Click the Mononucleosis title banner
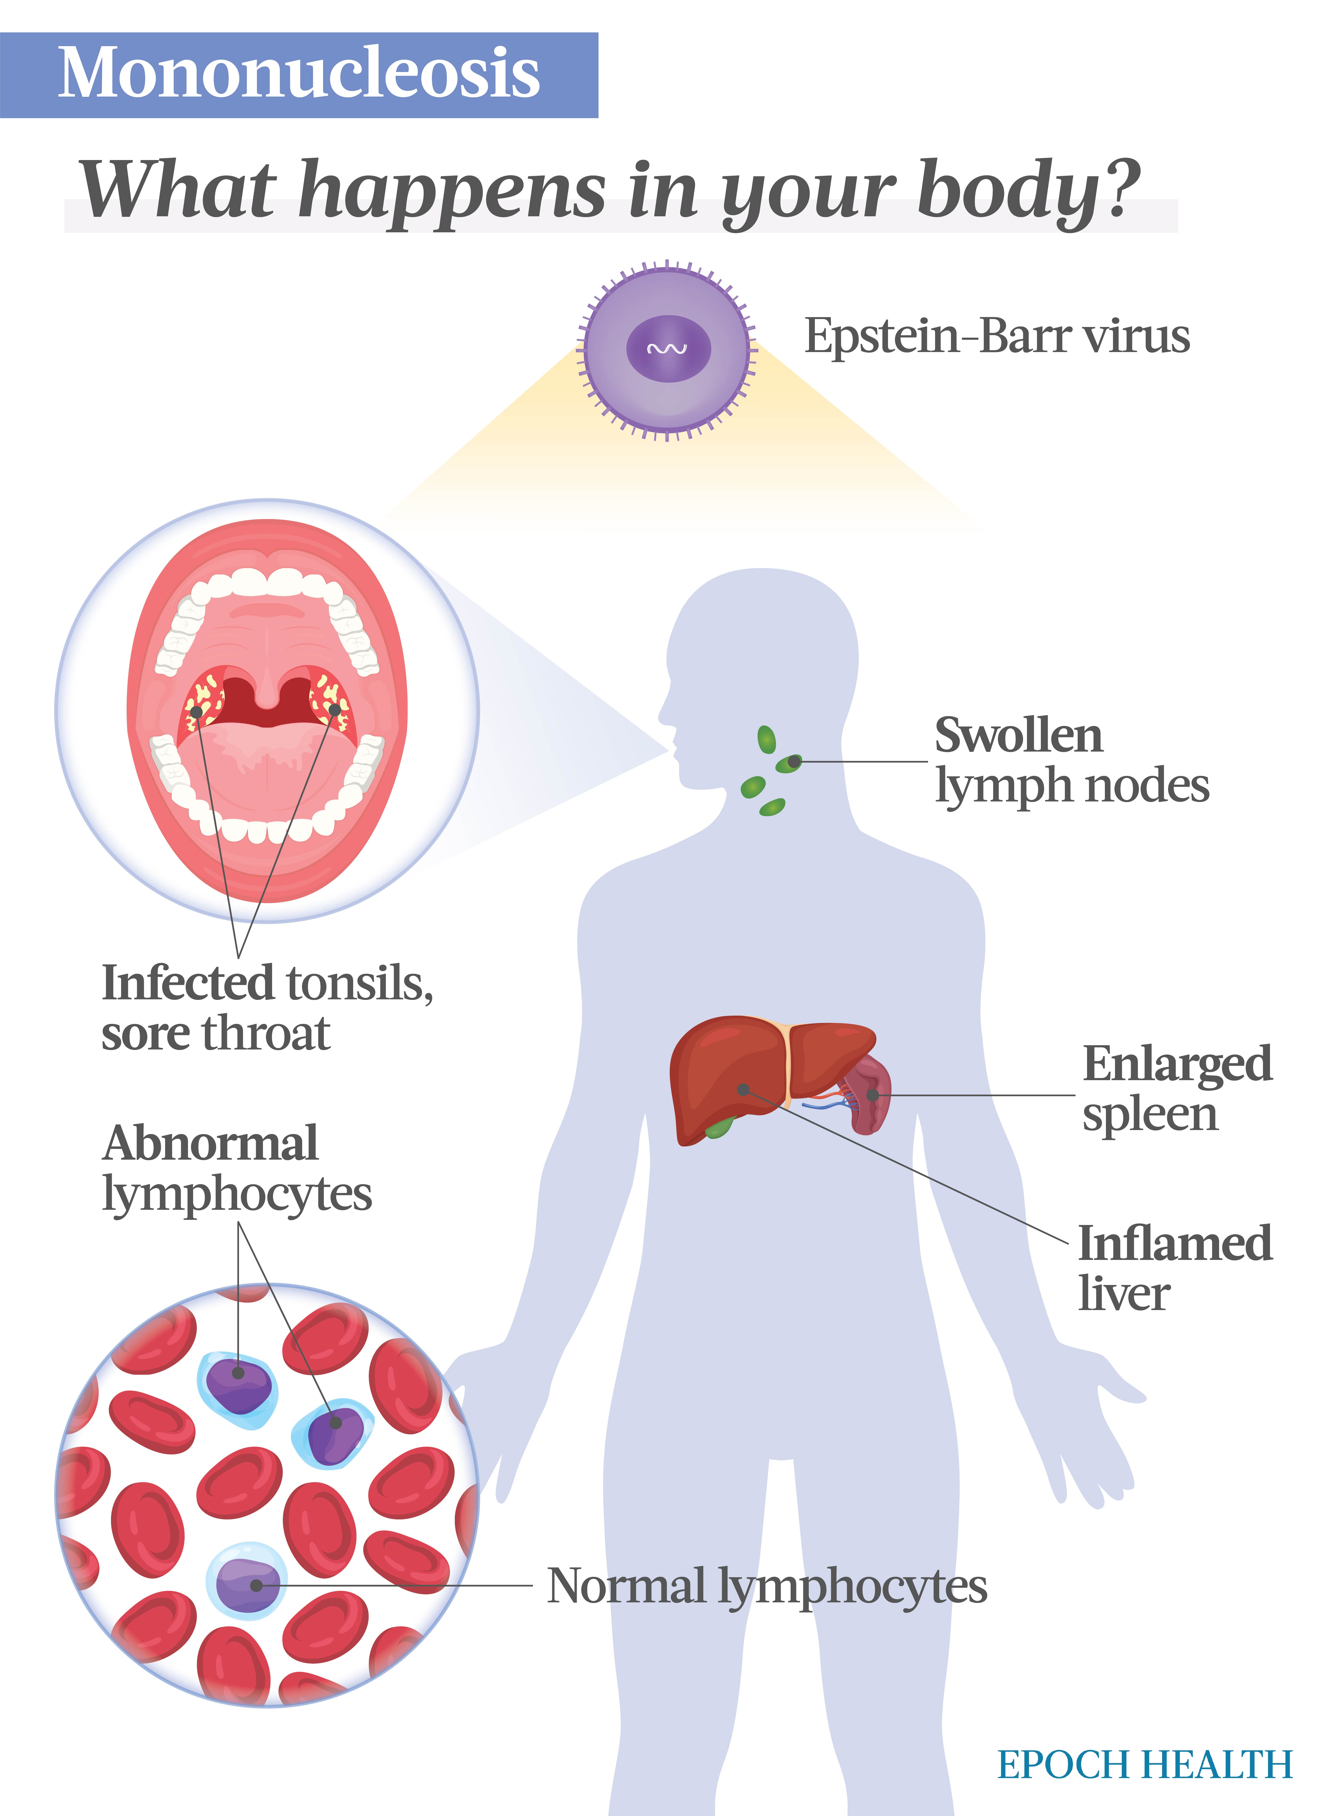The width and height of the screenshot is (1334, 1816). [299, 75]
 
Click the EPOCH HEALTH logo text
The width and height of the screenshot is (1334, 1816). [1145, 1763]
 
